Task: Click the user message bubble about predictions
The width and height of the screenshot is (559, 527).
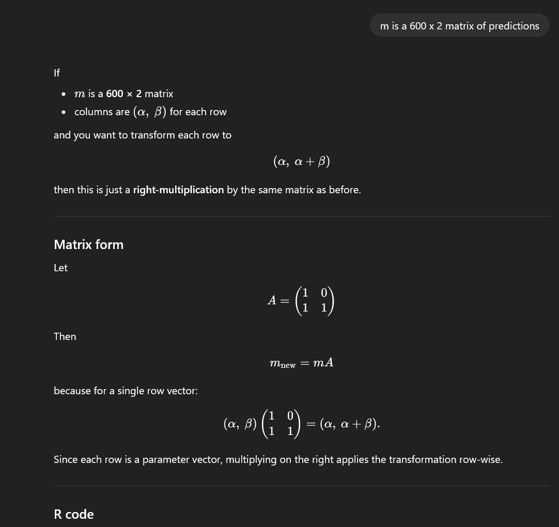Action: click(x=459, y=25)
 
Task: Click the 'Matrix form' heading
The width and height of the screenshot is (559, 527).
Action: click(x=88, y=244)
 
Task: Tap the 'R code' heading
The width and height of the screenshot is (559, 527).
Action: click(x=73, y=514)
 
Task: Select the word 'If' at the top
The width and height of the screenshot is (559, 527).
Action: click(x=57, y=73)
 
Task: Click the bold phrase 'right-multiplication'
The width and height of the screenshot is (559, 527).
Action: click(x=178, y=190)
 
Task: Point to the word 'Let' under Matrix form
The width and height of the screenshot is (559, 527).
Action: click(x=60, y=268)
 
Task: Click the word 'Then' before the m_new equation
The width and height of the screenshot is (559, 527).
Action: click(x=65, y=336)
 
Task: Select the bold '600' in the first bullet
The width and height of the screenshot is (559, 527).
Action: click(x=114, y=94)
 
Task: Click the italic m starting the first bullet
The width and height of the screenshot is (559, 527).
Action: click(x=80, y=94)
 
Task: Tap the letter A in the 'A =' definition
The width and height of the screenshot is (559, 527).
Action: click(x=272, y=300)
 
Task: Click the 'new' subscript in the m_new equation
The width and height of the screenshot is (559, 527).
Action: click(x=288, y=366)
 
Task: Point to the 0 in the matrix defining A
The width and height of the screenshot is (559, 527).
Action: click(x=324, y=293)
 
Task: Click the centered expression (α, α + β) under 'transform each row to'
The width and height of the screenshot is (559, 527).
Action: click(x=301, y=162)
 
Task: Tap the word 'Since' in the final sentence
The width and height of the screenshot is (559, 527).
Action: click(x=66, y=459)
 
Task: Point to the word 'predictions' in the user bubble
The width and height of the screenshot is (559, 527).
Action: click(x=514, y=26)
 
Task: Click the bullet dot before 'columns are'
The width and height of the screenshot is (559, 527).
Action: click(x=63, y=112)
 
